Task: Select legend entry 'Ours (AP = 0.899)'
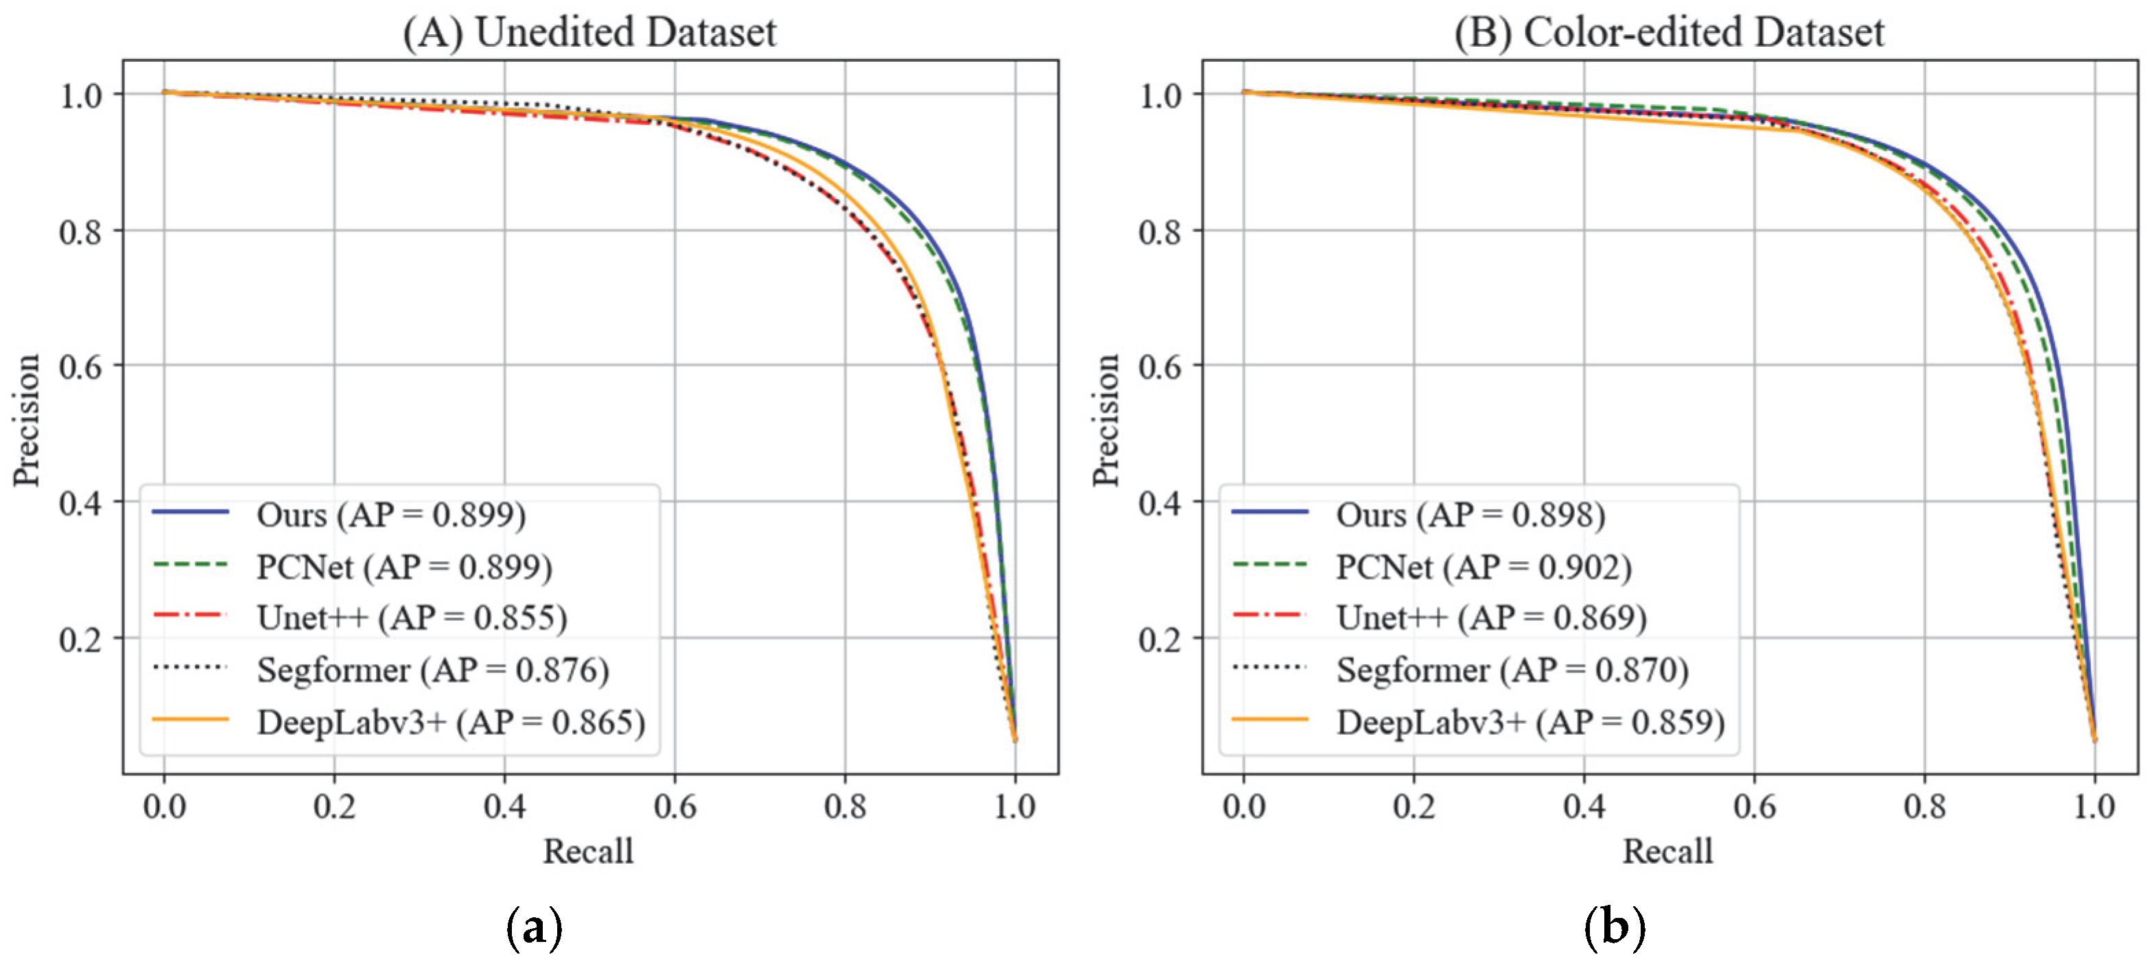[x=391, y=515]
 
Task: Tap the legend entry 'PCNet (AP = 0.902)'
[x=1483, y=567]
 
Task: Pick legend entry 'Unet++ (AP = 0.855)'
[x=412, y=617]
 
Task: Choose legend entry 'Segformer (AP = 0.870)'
[x=1512, y=670]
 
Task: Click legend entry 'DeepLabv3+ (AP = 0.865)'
[x=450, y=722]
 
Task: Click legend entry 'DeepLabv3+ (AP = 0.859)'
[x=1530, y=722]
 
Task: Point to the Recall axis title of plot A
[x=588, y=851]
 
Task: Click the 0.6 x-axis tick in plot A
[x=675, y=807]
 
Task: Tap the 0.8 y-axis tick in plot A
[x=80, y=232]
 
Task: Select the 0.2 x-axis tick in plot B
[x=1414, y=807]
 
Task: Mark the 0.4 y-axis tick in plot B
[x=1160, y=503]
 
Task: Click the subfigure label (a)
[x=534, y=927]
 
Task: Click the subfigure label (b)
[x=1615, y=927]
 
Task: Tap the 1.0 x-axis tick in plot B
[x=2094, y=807]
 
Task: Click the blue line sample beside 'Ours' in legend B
[x=1269, y=511]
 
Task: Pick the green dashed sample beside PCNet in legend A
[x=190, y=565]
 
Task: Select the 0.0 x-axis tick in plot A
[x=164, y=807]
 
